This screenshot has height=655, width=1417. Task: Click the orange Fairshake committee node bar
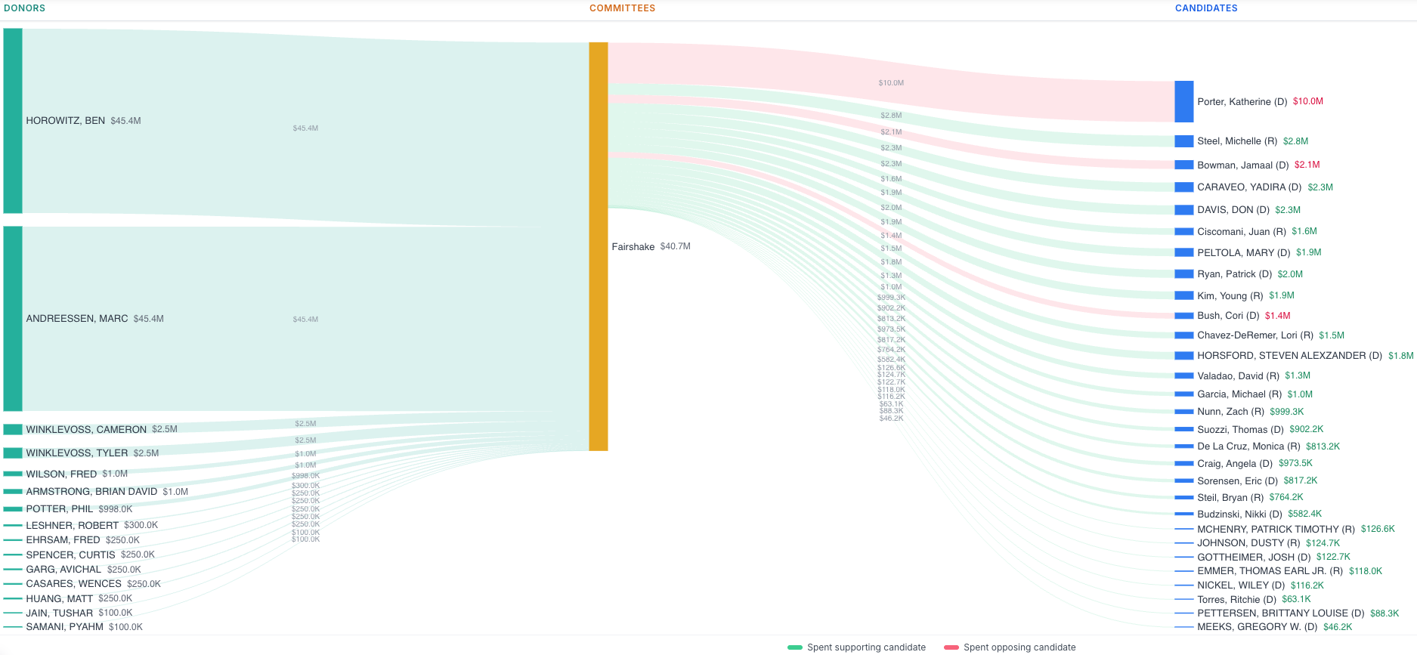[x=598, y=246]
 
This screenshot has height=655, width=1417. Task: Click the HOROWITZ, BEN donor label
[x=66, y=121]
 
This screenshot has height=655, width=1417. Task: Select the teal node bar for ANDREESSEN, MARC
[x=13, y=318]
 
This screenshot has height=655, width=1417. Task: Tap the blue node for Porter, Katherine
[x=1183, y=101]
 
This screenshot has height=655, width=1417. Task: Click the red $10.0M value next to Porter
[x=1307, y=101]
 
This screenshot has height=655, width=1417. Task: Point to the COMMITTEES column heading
[x=622, y=8]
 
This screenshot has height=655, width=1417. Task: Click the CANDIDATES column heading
[x=1205, y=8]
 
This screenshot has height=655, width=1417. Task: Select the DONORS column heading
[x=25, y=8]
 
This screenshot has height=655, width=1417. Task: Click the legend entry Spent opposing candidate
[x=1019, y=647]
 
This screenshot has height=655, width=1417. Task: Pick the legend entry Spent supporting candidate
[x=865, y=647]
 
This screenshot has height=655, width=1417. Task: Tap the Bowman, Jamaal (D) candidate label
[x=1242, y=165]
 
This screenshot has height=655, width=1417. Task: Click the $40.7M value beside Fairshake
[x=675, y=246]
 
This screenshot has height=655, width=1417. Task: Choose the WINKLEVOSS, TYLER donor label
[x=76, y=453]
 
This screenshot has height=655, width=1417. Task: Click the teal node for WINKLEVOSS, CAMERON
[x=13, y=429]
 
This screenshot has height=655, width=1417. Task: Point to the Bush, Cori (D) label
[x=1228, y=316]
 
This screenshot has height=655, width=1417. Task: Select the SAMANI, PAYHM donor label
[x=64, y=627]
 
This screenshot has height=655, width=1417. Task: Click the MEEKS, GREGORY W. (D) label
[x=1257, y=627]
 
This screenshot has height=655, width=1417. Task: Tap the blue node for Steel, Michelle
[x=1183, y=141]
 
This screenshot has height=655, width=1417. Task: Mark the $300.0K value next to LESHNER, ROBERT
[x=141, y=525]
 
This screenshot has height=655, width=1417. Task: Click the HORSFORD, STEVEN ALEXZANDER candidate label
[x=1289, y=356]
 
